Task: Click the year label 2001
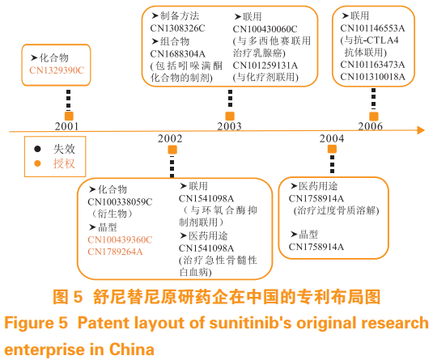(66, 126)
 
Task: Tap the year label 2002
(170, 138)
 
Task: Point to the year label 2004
(332, 138)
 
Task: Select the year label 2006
(371, 126)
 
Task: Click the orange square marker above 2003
(230, 116)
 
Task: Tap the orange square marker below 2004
(332, 149)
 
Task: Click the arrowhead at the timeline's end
(421, 130)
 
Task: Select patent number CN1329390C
(57, 70)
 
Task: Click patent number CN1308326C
(177, 28)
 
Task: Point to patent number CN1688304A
(178, 54)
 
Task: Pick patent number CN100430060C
(265, 29)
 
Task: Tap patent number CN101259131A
(265, 66)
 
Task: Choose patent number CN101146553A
(372, 28)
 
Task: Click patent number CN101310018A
(372, 77)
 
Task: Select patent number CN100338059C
(120, 202)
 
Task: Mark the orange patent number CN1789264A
(115, 252)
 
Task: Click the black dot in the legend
(37, 149)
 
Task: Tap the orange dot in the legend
(37, 163)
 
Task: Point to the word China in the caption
(131, 349)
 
